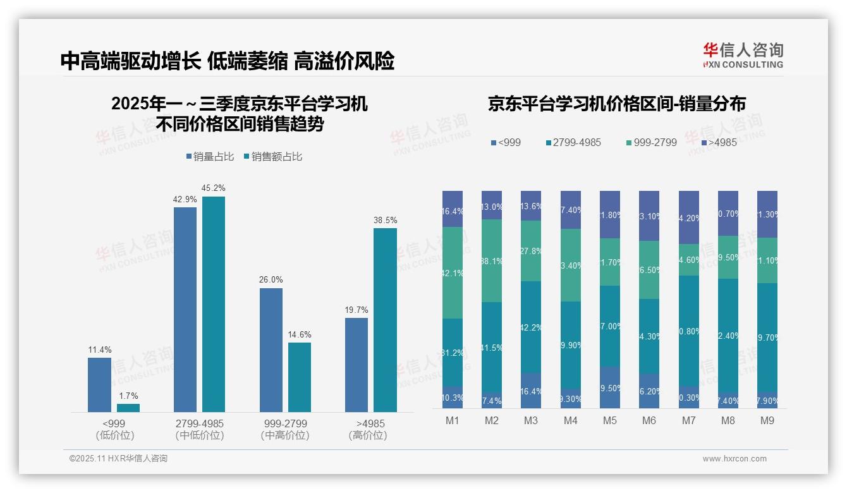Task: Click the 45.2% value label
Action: pyautogui.click(x=213, y=188)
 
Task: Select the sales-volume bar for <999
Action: pyautogui.click(x=99, y=384)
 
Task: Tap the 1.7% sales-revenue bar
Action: pyautogui.click(x=128, y=408)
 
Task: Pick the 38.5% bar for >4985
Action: pyautogui.click(x=385, y=320)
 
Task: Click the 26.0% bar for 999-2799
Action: pyautogui.click(x=271, y=350)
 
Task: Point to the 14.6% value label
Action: pyautogui.click(x=299, y=334)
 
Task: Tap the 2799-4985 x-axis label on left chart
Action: pyautogui.click(x=198, y=423)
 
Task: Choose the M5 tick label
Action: pyautogui.click(x=609, y=420)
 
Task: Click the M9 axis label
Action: pyautogui.click(x=767, y=420)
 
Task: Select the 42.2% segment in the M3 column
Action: pyautogui.click(x=530, y=327)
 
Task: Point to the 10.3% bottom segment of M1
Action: pyautogui.click(x=453, y=397)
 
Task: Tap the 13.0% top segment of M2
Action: pyautogui.click(x=492, y=205)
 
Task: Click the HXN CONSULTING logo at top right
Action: pyautogui.click(x=743, y=56)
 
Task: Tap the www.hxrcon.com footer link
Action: pyautogui.click(x=734, y=459)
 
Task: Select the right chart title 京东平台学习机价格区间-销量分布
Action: pyautogui.click(x=616, y=104)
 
